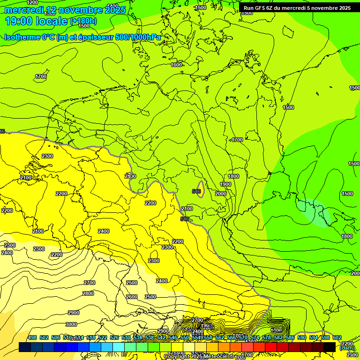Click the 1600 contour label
pyautogui.click(x=176, y=65)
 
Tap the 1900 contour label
pyautogui.click(x=225, y=184)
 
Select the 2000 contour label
pyautogui.click(x=220, y=194)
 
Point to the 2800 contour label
pyautogui.click(x=88, y=293)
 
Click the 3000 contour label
pyautogui.click(x=71, y=324)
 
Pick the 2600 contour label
pyautogui.click(x=132, y=297)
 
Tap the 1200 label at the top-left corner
pyautogui.click(x=32, y=3)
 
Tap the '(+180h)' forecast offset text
pyautogui.click(x=83, y=21)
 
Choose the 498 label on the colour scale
pyautogui.click(x=32, y=337)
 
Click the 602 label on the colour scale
pyautogui.click(x=337, y=337)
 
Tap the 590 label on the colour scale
pyautogui.click(x=302, y=337)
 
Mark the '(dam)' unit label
pyautogui.click(x=347, y=348)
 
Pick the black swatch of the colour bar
pyautogui.click(x=330, y=347)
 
